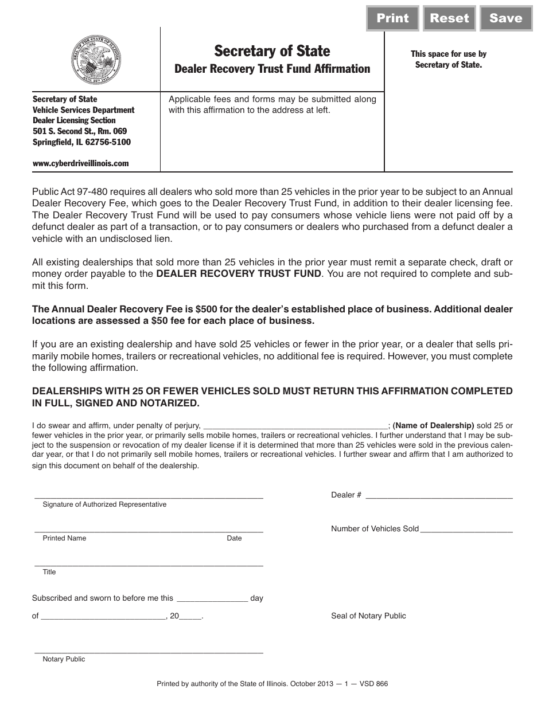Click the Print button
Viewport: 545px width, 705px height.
[x=392, y=18]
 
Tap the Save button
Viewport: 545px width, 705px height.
[x=505, y=18]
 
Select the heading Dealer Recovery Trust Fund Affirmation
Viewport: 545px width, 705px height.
[x=272, y=69]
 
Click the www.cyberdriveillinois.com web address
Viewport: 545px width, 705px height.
[x=81, y=163]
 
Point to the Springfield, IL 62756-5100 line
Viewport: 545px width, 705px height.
[x=81, y=142]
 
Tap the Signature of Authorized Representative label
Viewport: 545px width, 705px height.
[x=104, y=504]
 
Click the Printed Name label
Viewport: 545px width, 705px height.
[x=64, y=538]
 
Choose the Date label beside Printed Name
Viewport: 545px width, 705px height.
[x=234, y=538]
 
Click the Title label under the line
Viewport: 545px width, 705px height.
[x=49, y=572]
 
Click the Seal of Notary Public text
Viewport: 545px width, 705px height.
[x=368, y=616]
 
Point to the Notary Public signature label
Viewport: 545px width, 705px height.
[x=64, y=659]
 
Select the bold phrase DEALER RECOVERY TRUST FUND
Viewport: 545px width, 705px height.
[x=239, y=273]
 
